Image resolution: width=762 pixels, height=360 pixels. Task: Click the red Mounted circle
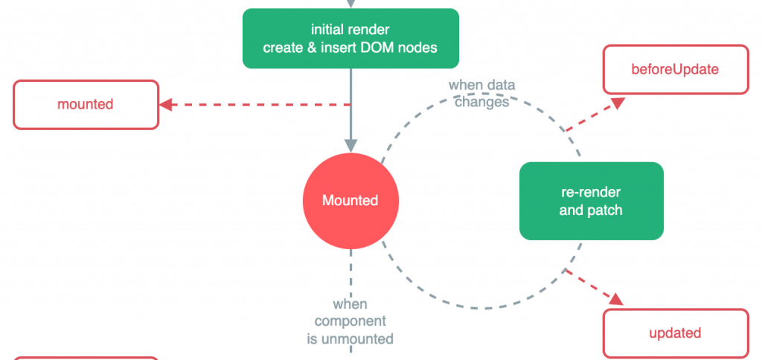click(x=350, y=201)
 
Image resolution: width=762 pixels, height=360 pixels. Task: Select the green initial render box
click(x=350, y=39)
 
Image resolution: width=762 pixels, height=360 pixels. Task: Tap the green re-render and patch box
click(x=591, y=201)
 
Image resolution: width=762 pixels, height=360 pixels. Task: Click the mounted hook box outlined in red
click(x=86, y=105)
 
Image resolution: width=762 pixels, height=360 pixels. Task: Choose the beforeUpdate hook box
click(x=675, y=70)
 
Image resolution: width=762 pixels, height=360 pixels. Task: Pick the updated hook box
click(x=675, y=333)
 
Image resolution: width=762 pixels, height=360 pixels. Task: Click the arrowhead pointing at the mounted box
click(x=168, y=105)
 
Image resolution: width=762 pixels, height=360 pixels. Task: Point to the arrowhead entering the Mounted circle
click(x=350, y=145)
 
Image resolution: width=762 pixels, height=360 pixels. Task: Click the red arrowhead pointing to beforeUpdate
click(x=617, y=104)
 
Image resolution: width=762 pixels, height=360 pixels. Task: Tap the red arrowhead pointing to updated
click(x=617, y=299)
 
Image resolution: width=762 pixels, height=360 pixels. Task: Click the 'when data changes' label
click(x=481, y=94)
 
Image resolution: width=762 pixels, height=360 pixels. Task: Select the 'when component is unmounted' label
click(x=350, y=321)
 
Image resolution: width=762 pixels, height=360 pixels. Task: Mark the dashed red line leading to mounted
click(x=260, y=105)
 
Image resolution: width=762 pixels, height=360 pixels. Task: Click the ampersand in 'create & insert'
click(x=306, y=48)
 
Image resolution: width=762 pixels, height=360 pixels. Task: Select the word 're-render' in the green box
click(x=591, y=192)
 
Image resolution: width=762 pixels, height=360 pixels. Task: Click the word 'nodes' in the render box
click(x=417, y=48)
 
